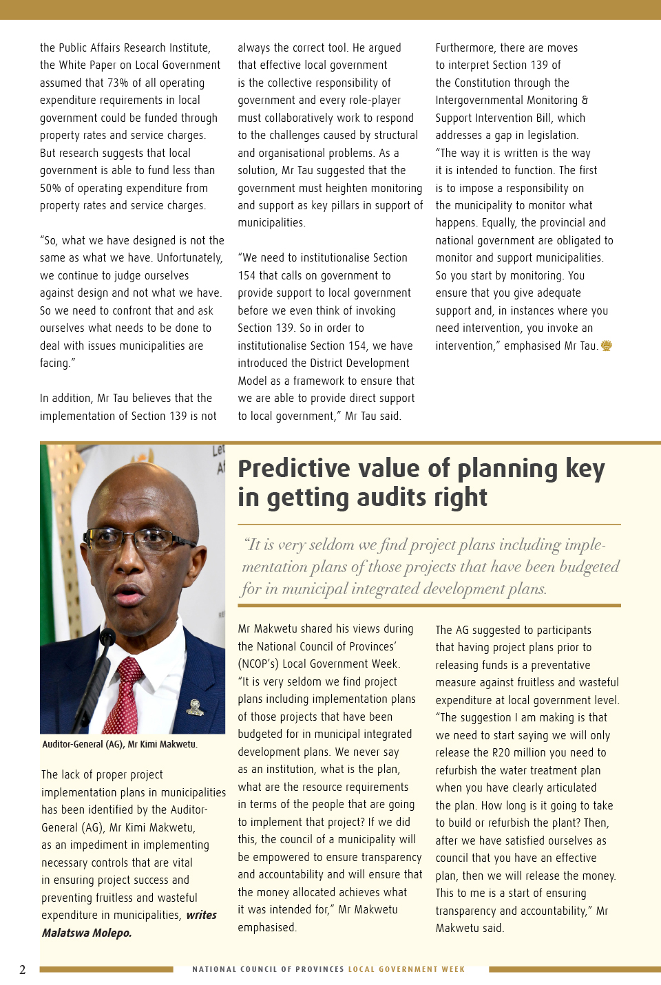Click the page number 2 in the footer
tap(22, 970)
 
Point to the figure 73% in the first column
tap(117, 83)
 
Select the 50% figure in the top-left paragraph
tap(50, 188)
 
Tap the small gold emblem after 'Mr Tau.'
tap(607, 346)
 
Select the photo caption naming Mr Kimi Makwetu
tap(120, 744)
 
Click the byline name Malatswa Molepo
tap(87, 933)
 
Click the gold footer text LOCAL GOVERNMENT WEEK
tap(406, 969)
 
